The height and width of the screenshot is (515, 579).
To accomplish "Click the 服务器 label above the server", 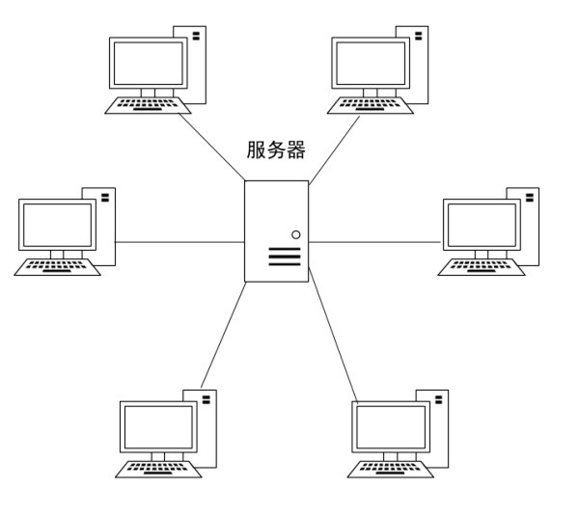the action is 277,150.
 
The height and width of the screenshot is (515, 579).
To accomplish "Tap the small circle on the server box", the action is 295,234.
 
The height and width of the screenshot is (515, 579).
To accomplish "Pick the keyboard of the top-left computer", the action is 148,103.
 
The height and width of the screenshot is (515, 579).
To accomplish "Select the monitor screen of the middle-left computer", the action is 57,225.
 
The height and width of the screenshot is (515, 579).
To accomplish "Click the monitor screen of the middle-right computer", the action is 480,225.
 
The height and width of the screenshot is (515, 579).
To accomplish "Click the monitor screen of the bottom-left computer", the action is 157,427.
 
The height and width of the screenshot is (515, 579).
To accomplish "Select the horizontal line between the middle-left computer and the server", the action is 179,241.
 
